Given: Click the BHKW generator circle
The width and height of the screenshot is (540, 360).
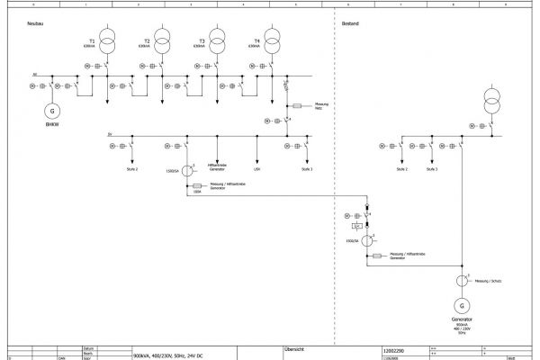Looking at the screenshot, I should (x=52, y=110).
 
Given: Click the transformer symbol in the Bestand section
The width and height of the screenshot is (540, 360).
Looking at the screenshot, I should (x=492, y=96).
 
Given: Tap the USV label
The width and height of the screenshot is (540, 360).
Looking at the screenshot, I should (x=257, y=168).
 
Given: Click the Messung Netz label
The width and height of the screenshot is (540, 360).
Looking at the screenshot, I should (x=321, y=106).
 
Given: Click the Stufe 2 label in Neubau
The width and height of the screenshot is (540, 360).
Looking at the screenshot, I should (x=131, y=168).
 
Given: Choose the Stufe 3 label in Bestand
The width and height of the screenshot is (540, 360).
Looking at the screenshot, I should (x=432, y=168).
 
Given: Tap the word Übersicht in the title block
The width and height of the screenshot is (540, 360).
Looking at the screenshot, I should (x=294, y=347).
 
